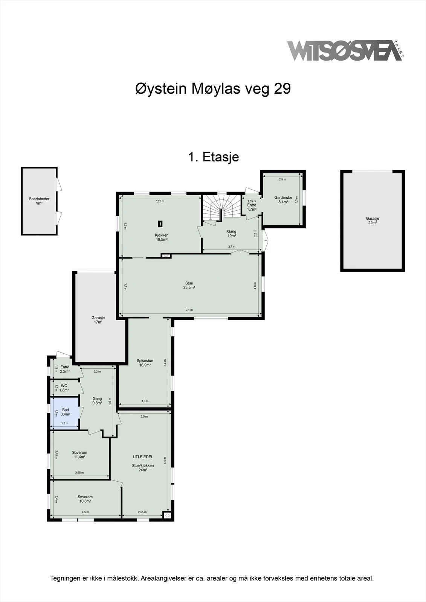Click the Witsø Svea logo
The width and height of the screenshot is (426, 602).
[345, 50]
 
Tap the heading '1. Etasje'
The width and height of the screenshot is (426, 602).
[214, 157]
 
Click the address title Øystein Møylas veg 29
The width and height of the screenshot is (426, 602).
[213, 88]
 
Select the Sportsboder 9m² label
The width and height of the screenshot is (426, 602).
[39, 201]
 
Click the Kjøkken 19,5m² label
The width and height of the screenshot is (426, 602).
[162, 237]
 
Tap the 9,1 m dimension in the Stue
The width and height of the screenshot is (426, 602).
[189, 310]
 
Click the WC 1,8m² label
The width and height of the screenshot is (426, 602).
[64, 388]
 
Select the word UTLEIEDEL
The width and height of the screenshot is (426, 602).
[143, 457]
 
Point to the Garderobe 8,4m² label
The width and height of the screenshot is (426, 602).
[283, 200]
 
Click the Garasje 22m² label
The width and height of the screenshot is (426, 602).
[373, 220]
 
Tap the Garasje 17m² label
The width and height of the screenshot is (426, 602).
[98, 320]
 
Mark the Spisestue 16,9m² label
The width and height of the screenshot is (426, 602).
[145, 363]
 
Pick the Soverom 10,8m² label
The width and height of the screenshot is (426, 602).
[85, 499]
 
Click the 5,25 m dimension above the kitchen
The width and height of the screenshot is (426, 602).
[160, 201]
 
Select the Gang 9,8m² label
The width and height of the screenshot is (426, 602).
[97, 401]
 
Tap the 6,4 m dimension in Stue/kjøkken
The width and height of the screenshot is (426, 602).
[165, 460]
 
